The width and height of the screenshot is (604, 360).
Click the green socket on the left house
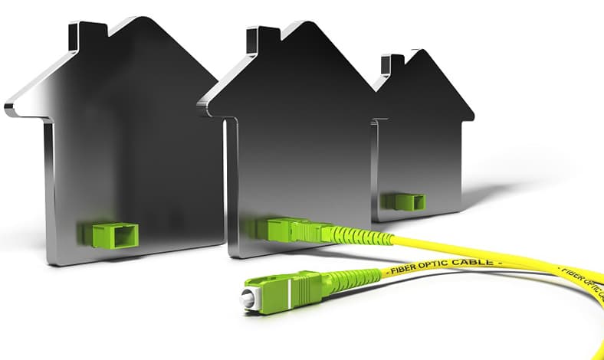pyautogui.click(x=109, y=234)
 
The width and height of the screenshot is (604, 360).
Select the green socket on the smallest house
pyautogui.click(x=403, y=201)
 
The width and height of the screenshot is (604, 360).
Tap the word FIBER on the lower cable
pyautogui.click(x=402, y=270)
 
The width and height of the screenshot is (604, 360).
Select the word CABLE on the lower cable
pyautogui.click(x=472, y=262)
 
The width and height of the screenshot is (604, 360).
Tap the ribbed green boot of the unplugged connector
pyautogui.click(x=353, y=277)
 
